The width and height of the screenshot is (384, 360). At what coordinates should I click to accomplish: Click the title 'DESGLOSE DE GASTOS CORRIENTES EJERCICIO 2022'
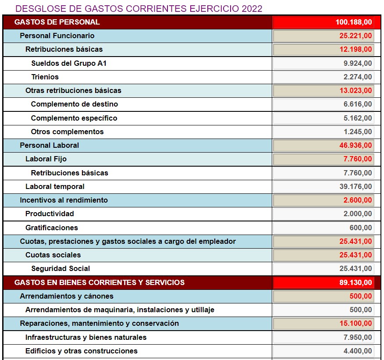139,9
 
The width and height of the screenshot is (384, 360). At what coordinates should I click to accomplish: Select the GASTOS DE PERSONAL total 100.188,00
354,22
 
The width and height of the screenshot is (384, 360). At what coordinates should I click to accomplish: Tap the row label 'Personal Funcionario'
57,36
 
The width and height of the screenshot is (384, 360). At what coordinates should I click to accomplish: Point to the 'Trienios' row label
45,77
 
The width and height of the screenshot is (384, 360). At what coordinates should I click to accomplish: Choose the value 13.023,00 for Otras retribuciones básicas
356,91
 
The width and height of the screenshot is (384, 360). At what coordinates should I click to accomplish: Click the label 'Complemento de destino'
74,104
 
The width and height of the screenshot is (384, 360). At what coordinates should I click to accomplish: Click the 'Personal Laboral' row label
50,145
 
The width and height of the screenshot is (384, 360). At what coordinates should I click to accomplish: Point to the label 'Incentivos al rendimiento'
64,200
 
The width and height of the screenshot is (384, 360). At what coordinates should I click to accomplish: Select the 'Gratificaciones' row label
52,228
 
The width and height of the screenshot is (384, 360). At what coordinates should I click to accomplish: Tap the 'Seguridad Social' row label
60,268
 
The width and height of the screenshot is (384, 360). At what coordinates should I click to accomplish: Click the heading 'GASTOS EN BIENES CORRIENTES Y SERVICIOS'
100,282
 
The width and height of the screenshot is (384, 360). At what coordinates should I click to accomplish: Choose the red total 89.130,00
356,282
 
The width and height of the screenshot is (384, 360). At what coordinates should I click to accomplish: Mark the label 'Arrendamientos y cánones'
67,296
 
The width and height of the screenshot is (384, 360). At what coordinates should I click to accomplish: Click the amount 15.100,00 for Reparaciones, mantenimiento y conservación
356,324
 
